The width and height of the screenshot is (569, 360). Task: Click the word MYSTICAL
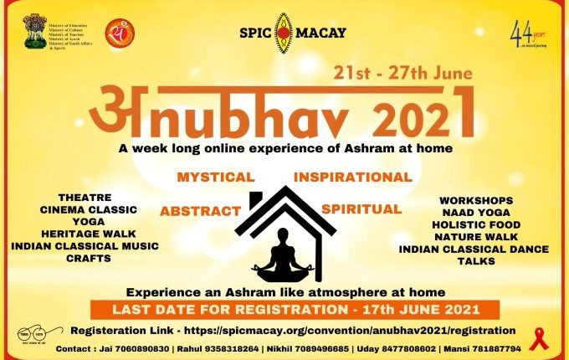(x=215, y=177)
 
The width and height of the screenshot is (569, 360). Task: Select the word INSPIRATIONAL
(x=352, y=177)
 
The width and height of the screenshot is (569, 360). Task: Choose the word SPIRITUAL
(x=361, y=207)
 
